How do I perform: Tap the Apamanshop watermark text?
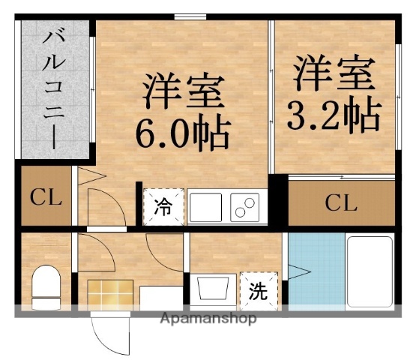pyautogui.click(x=208, y=318)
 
